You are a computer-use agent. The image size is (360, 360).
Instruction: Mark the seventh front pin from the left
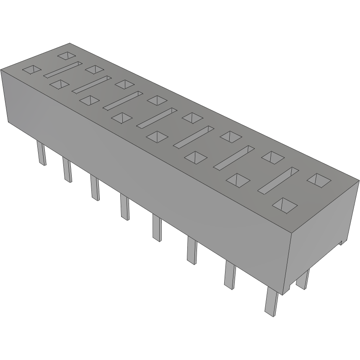(x=230, y=275)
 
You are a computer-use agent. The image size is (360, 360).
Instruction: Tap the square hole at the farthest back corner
(x=66, y=55)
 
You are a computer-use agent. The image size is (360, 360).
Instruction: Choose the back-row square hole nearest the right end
(x=319, y=180)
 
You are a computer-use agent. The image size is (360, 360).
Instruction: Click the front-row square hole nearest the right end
(x=285, y=204)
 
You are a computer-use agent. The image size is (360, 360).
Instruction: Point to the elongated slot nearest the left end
(x=62, y=70)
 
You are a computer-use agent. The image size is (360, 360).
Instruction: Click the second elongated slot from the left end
(x=91, y=84)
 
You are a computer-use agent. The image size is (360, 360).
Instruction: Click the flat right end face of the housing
(x=325, y=235)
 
